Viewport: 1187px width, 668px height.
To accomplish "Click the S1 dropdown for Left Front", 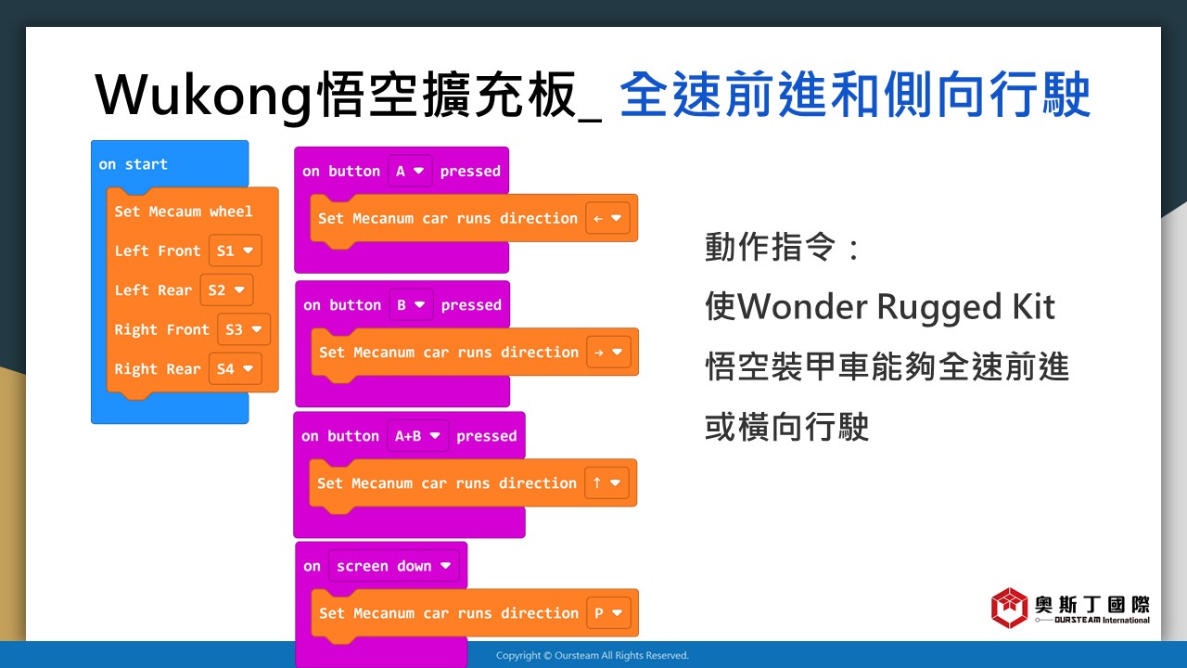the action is (236, 250).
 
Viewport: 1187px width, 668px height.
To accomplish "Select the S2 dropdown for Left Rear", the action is (227, 290).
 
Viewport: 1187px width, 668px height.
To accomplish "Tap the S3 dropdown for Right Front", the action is (244, 329).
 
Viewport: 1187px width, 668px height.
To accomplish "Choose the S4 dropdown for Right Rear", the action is (236, 368).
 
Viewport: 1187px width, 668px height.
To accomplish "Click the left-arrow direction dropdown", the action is (607, 218).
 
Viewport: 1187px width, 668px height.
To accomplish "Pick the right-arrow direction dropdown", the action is (608, 352).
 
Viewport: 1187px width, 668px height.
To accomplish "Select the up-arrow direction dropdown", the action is (606, 483).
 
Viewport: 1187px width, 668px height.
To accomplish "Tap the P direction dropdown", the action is (608, 613).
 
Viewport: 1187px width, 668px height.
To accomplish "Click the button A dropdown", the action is (410, 171).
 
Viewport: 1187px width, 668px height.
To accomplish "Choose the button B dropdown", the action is (411, 305).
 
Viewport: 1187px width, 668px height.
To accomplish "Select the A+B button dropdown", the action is (418, 436).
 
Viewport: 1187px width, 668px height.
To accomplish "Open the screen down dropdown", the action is (394, 566).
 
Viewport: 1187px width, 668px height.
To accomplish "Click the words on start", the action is (133, 164).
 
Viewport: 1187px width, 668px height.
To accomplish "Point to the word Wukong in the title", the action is (204, 96).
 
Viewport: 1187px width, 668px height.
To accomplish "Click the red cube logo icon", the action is (1010, 608).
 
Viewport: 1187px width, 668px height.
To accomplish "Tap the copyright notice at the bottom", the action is (593, 655).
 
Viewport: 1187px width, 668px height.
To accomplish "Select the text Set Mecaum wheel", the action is (184, 212).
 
